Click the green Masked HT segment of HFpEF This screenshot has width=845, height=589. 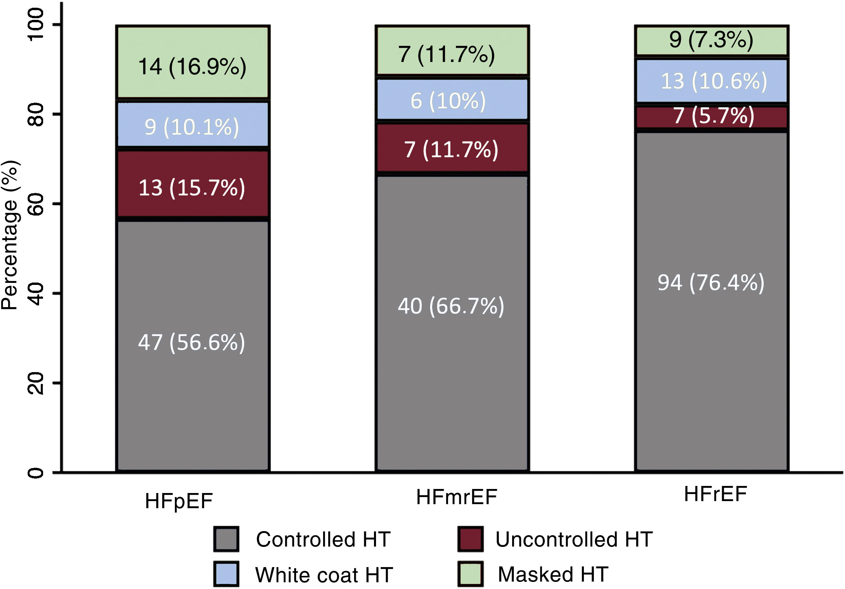(x=192, y=63)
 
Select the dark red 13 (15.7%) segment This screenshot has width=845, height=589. (x=192, y=184)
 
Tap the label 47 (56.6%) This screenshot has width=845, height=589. (x=191, y=342)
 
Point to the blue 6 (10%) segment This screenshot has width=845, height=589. (x=452, y=100)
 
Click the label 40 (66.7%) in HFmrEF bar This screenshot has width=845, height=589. (x=451, y=306)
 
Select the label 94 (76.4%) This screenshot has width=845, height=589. (x=711, y=283)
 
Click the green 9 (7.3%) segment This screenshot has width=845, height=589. (x=711, y=40)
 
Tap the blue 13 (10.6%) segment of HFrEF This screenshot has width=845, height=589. (x=711, y=81)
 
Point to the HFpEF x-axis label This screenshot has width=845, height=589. (x=179, y=501)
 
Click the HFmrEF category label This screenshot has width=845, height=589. (x=456, y=497)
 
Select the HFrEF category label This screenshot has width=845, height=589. (x=715, y=494)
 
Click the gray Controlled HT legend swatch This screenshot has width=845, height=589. (x=226, y=539)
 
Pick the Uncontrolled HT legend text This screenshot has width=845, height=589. (x=574, y=539)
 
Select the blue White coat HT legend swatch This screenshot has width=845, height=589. (x=226, y=574)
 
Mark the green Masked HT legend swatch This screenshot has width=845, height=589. (x=470, y=574)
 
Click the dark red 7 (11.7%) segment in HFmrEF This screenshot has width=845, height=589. (x=452, y=148)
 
